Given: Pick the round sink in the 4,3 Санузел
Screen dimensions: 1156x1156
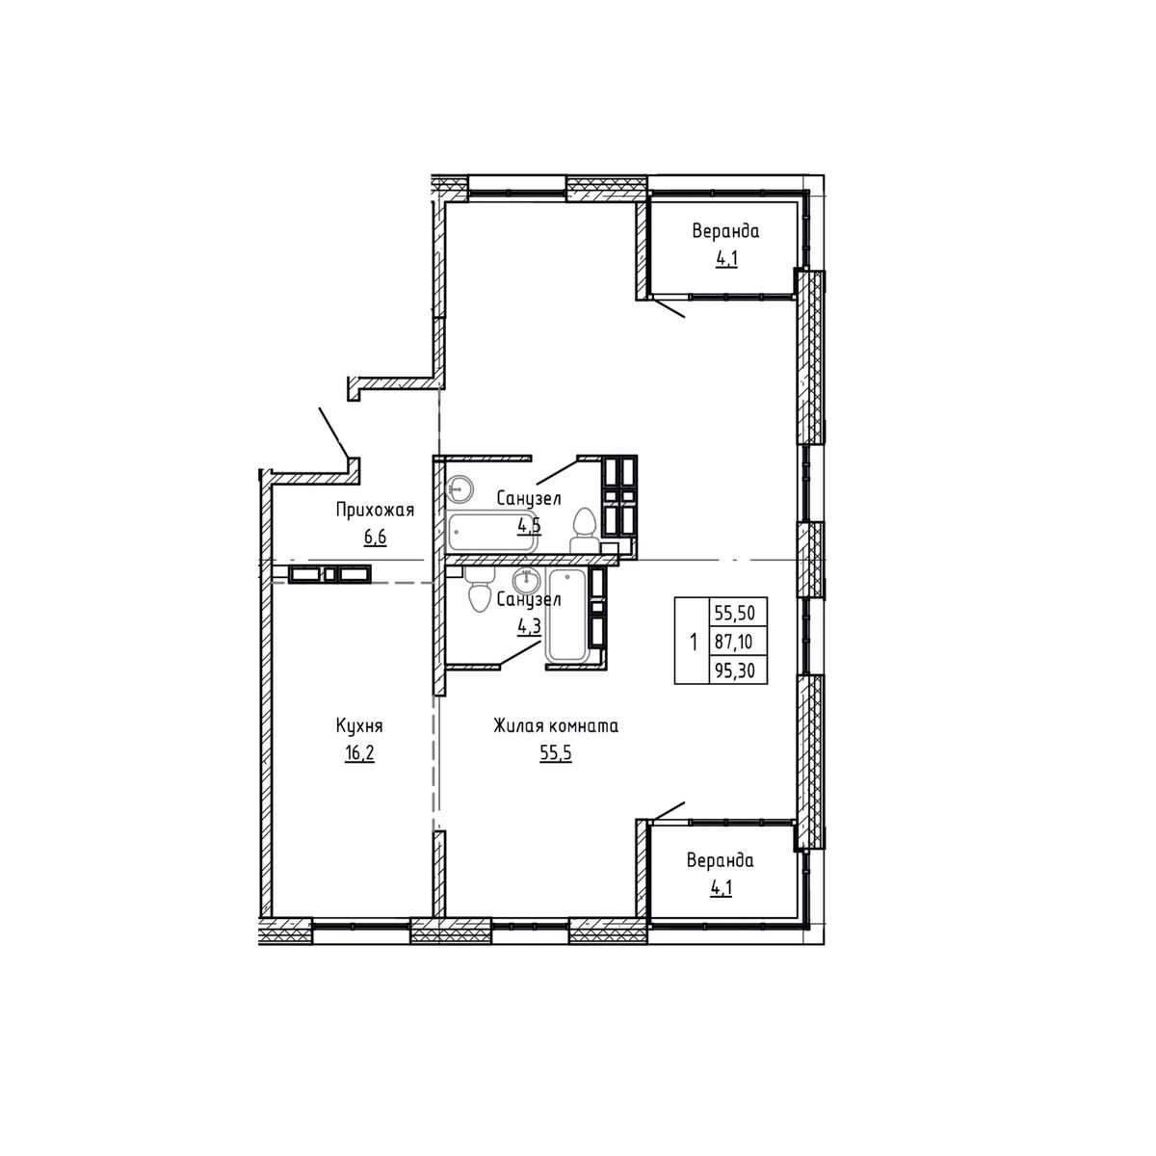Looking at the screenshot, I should coord(525,581).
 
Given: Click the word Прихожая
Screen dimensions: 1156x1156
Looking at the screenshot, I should coord(375,511).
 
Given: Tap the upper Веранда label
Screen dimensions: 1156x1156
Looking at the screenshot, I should coord(725,231).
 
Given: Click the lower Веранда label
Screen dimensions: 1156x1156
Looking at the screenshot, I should coord(720,860).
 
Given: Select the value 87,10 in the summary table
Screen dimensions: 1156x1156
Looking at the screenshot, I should coord(737,641).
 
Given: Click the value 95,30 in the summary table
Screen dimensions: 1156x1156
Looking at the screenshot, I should coord(737,669).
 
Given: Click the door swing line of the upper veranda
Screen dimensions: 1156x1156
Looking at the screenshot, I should coord(668,307).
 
